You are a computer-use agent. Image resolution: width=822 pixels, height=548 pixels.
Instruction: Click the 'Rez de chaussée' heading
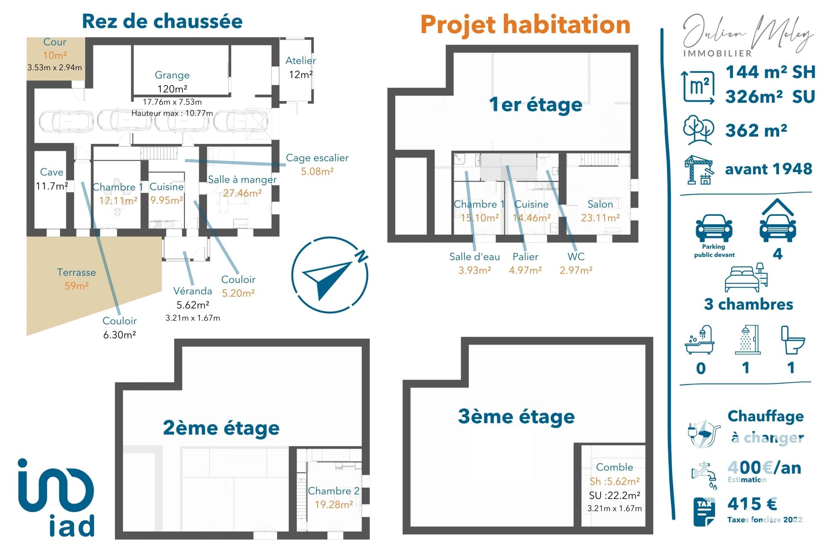coord(162,21)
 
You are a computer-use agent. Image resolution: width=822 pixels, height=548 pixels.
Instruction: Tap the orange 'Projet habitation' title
coord(525,24)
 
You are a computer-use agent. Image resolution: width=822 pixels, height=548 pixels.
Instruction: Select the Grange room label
coord(172,75)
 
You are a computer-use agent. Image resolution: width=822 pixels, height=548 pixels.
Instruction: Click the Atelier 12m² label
coord(301,67)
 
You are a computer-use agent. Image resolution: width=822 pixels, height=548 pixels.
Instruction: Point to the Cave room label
coord(51,172)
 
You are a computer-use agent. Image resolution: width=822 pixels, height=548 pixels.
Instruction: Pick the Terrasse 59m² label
coord(76,279)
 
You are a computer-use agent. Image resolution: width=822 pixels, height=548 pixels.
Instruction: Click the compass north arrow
coord(329,274)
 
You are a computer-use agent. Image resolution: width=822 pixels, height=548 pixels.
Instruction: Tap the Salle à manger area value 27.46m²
coord(242,193)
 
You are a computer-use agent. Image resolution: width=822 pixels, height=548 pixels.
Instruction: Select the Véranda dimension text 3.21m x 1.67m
coord(193,318)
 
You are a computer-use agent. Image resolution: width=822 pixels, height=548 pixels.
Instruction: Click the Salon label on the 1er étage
coord(600,204)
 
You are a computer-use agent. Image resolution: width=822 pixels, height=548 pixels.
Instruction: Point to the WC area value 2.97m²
coord(576,270)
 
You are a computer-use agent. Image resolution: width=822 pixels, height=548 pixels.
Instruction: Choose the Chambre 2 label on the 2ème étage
coord(334,491)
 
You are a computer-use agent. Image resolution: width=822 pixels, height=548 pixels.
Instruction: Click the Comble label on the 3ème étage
coord(614,467)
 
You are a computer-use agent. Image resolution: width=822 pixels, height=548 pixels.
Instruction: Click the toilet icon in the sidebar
coord(792,340)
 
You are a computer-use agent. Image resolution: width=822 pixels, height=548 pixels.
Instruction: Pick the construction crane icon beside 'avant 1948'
coord(699,170)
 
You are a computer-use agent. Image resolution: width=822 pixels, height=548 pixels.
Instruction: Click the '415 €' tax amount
coord(752,504)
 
